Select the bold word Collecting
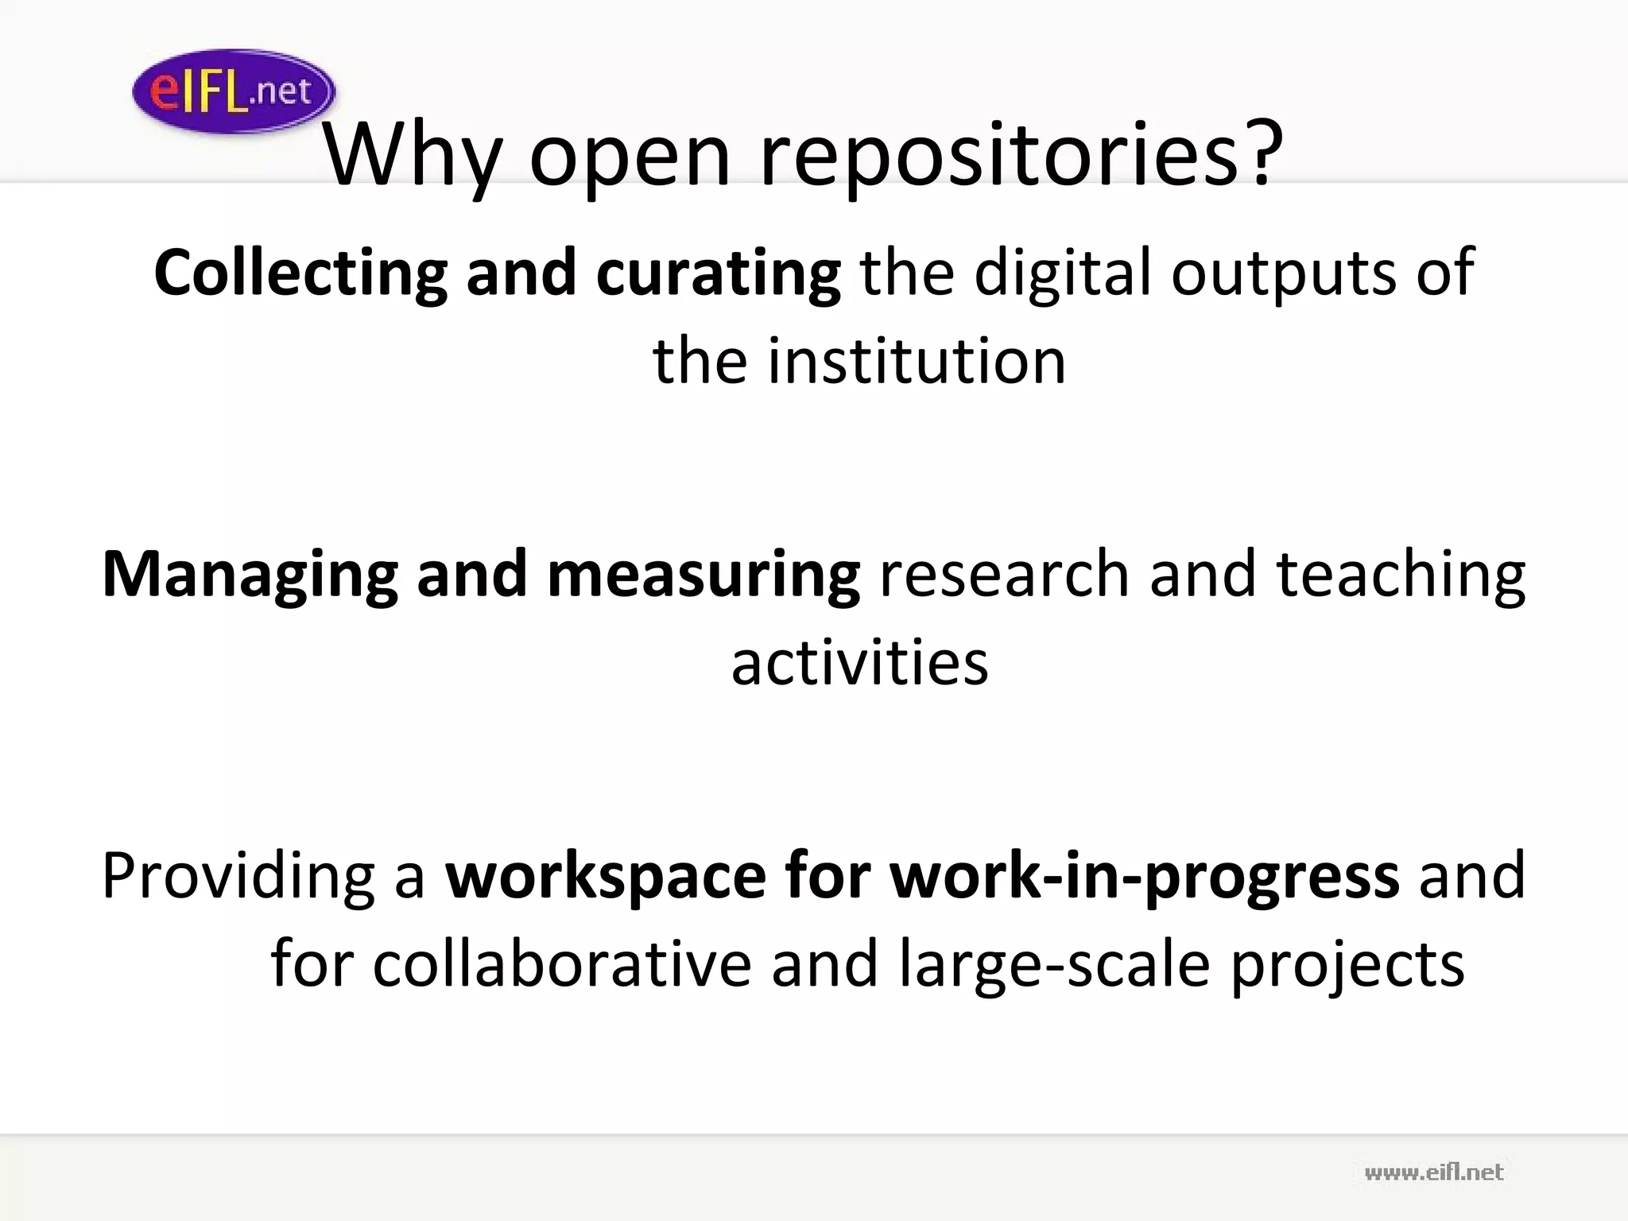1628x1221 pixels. click(300, 273)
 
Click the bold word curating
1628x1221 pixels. click(718, 273)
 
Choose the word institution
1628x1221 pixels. click(917, 362)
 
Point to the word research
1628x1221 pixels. click(1004, 574)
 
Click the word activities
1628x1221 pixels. click(859, 662)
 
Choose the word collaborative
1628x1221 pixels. click(561, 964)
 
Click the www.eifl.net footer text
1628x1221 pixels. click(1434, 1173)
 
